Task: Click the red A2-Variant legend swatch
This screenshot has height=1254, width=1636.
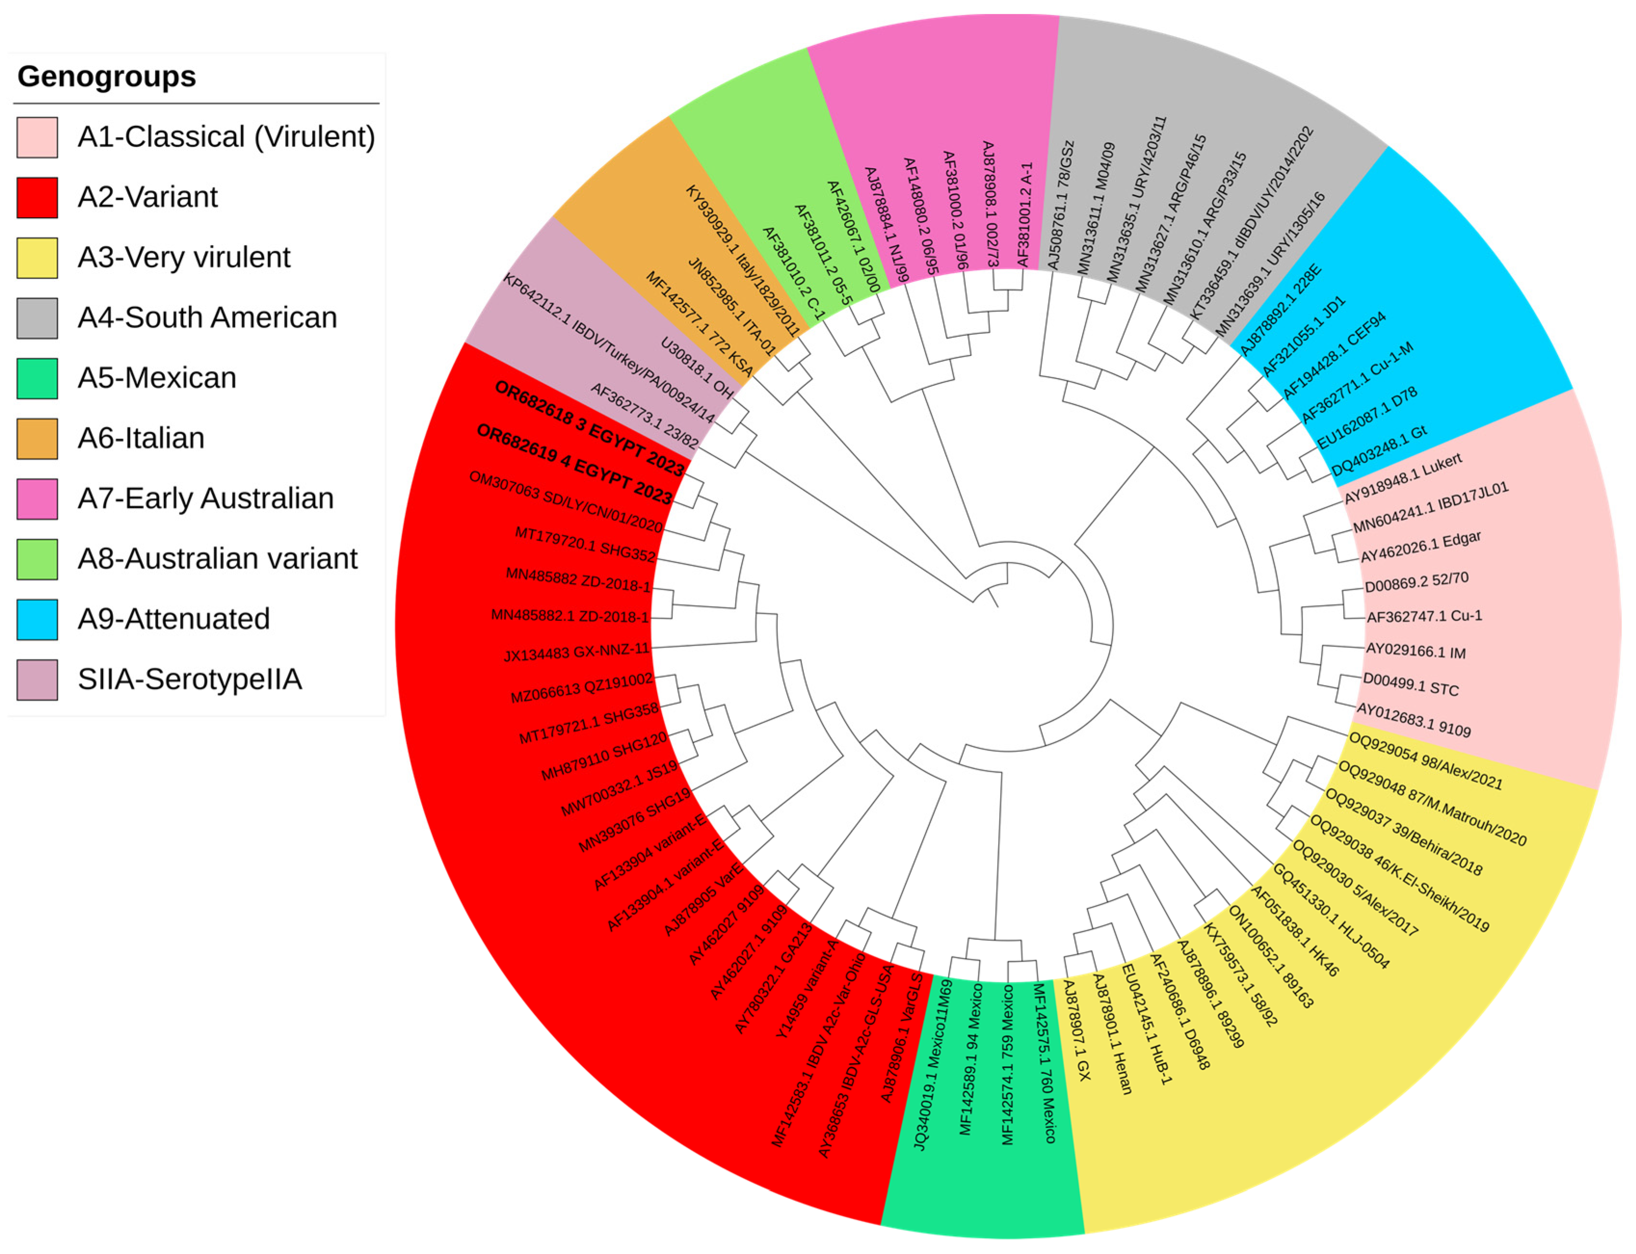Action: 37,198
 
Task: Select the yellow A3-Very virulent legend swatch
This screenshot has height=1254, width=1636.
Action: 37,258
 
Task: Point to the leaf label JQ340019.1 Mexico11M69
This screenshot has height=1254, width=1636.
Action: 934,1064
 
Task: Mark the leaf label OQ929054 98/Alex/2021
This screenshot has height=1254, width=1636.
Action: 1425,761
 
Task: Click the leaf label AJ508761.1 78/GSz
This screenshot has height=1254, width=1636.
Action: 1060,205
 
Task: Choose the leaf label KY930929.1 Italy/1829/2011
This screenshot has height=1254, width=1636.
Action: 743,261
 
